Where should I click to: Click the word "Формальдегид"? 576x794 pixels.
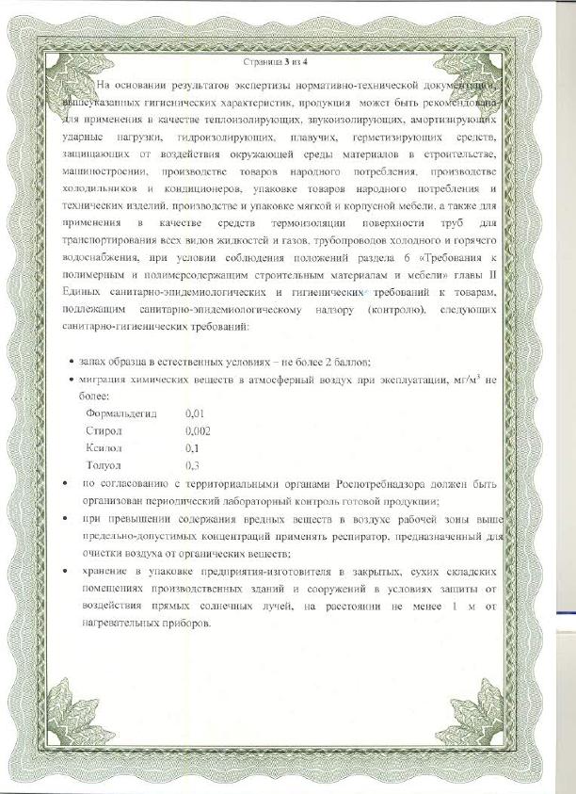[x=121, y=413]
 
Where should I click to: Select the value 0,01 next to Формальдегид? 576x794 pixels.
[x=196, y=413]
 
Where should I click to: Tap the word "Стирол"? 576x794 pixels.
[x=104, y=430]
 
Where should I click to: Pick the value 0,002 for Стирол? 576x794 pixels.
[x=199, y=430]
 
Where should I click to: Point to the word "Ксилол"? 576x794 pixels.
[x=104, y=448]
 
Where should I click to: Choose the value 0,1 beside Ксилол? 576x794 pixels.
[x=194, y=448]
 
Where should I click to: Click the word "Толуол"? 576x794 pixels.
[x=104, y=465]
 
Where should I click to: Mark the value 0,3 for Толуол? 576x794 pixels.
[x=194, y=465]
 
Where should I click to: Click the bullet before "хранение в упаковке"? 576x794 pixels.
[x=63, y=572]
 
